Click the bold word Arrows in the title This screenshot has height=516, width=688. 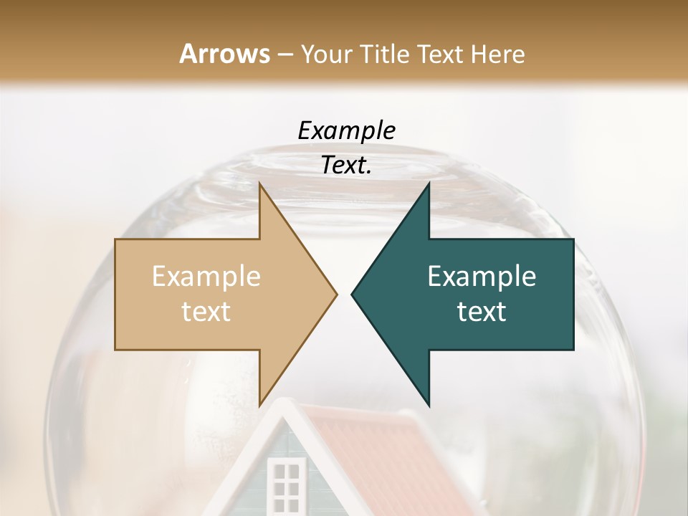tap(224, 54)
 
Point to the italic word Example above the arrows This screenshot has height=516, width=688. tap(346, 130)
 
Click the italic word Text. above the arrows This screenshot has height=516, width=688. tap(346, 165)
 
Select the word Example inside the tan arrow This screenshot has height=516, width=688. tap(206, 276)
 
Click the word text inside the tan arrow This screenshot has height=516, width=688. tap(206, 311)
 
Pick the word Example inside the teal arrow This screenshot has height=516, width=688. tap(482, 276)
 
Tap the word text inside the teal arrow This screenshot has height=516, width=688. tap(482, 311)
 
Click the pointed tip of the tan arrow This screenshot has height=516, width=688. tap(337, 294)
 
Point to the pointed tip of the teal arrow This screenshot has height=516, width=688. tap(352, 294)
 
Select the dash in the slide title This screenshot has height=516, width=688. tap(285, 55)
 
